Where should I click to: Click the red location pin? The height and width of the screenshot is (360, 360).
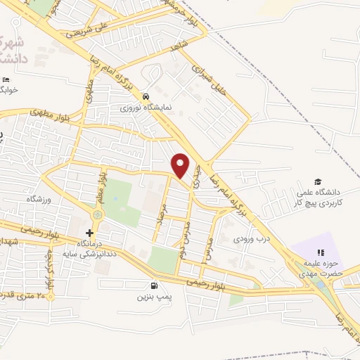coord(181,165)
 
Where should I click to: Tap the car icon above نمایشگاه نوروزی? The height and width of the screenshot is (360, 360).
coord(145,96)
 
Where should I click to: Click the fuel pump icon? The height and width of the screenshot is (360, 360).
coord(154,285)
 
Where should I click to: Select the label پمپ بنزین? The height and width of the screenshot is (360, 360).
coord(154,297)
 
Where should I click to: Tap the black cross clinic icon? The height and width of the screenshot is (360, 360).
coord(89,233)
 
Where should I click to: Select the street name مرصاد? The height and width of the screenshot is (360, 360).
coord(163,217)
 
